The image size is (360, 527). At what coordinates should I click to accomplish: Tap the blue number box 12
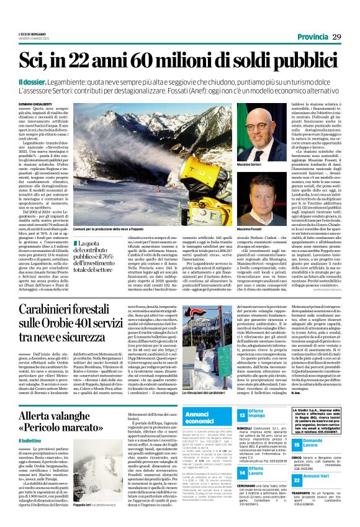point(241,414)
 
